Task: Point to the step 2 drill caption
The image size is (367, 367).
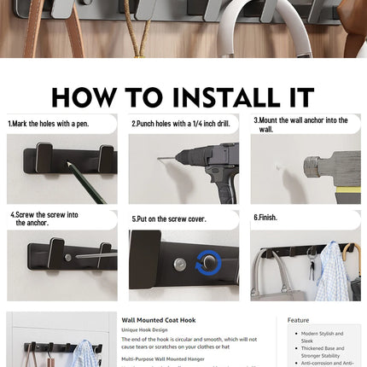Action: [x=181, y=124]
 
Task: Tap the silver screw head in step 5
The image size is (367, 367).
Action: [x=180, y=264]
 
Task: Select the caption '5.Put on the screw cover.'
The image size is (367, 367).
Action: [x=169, y=219]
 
